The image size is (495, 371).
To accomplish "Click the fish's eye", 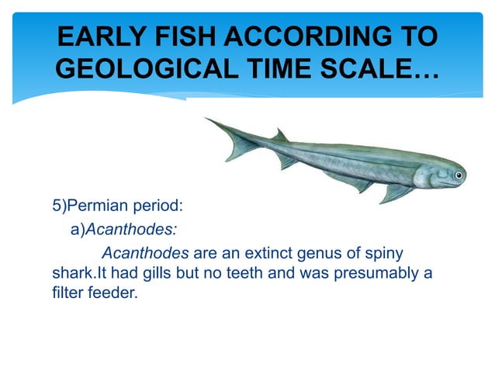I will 457,176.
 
